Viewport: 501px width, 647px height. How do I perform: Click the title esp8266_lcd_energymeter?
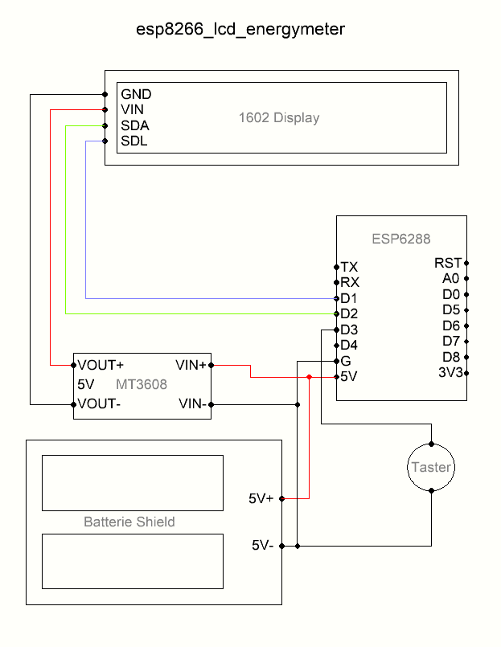[x=240, y=30]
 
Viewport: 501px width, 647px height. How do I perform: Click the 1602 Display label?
[x=279, y=118]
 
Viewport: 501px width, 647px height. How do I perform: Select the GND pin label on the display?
[x=136, y=94]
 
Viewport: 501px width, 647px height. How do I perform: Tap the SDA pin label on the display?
[x=135, y=125]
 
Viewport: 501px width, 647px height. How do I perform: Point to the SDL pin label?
[x=134, y=141]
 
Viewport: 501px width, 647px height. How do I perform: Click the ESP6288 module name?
[x=401, y=239]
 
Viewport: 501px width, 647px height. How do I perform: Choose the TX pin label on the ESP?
[x=349, y=267]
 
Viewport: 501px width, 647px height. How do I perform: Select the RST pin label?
[x=448, y=263]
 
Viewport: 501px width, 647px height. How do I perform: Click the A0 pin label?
[x=451, y=278]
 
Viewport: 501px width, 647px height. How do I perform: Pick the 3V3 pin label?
[x=450, y=372]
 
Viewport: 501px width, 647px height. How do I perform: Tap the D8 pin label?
[x=451, y=357]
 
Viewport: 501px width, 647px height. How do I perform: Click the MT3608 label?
[x=142, y=384]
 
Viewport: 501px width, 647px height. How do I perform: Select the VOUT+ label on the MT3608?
[x=101, y=365]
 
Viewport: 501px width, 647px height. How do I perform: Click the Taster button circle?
[x=432, y=468]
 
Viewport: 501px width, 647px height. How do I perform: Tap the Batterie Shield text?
[x=129, y=522]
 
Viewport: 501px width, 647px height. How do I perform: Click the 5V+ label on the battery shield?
[x=262, y=499]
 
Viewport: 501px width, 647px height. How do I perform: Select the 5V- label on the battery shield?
[x=262, y=546]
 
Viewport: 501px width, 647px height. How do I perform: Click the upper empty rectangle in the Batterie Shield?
[x=133, y=482]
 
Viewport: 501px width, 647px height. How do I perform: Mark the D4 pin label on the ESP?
[x=349, y=346]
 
